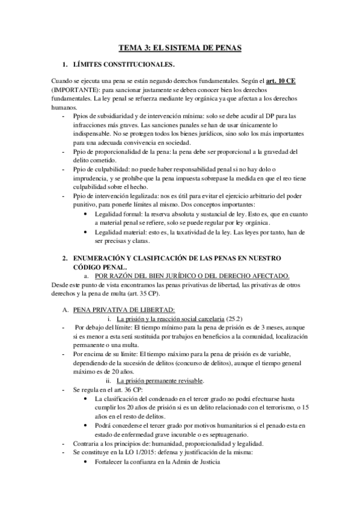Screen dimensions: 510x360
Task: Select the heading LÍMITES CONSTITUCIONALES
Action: [123, 64]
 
